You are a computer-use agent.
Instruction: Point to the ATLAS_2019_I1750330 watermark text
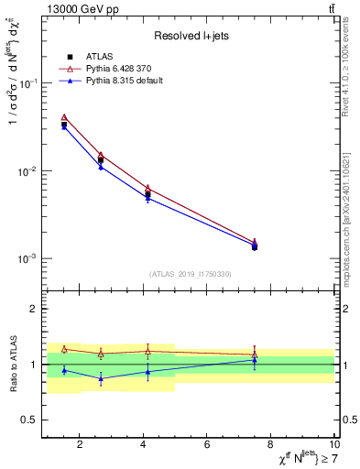coord(190,274)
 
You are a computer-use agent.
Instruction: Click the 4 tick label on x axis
coord(144,444)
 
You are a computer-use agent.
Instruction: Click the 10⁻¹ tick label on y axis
coord(27,83)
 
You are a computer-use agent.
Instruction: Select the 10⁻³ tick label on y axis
coord(27,259)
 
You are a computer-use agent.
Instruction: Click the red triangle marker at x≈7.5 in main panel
coord(255,242)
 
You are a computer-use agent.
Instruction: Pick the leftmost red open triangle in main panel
coord(64,117)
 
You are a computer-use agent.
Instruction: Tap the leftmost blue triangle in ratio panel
coord(64,370)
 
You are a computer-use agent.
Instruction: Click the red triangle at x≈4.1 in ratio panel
coord(147,351)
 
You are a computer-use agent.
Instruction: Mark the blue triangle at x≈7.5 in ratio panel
coord(255,360)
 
